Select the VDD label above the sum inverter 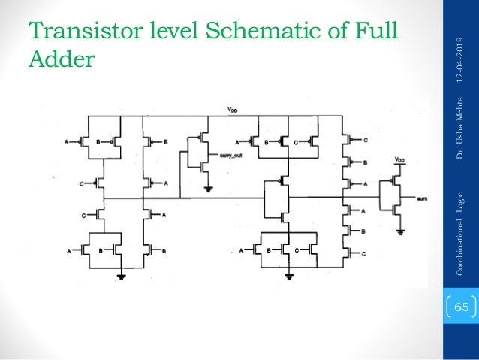coord(399,160)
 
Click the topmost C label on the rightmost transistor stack coord(365,140)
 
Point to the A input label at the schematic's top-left coord(68,141)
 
